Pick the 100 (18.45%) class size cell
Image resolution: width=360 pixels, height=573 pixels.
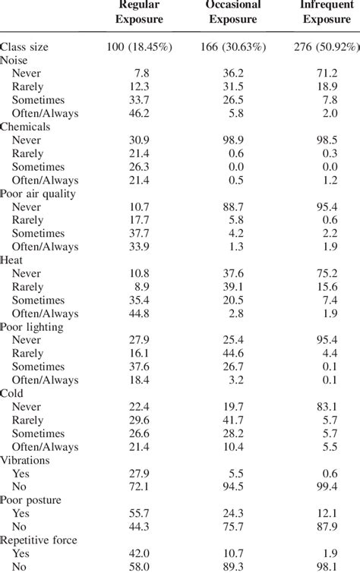[141, 47]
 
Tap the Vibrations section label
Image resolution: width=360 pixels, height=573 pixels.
[26, 461]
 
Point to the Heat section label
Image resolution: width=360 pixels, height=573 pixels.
[13, 260]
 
